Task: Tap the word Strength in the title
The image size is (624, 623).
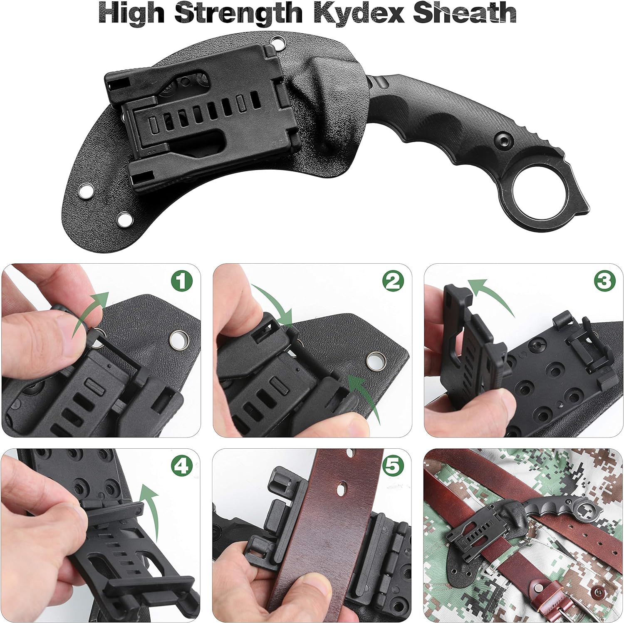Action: coord(239,14)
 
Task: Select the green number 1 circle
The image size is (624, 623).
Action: coord(182,282)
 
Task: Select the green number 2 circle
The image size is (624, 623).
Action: coord(393,282)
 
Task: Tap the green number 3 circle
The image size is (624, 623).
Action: coord(604,282)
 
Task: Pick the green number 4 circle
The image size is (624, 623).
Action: coord(182,467)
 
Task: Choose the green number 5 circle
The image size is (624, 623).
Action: coord(393,467)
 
